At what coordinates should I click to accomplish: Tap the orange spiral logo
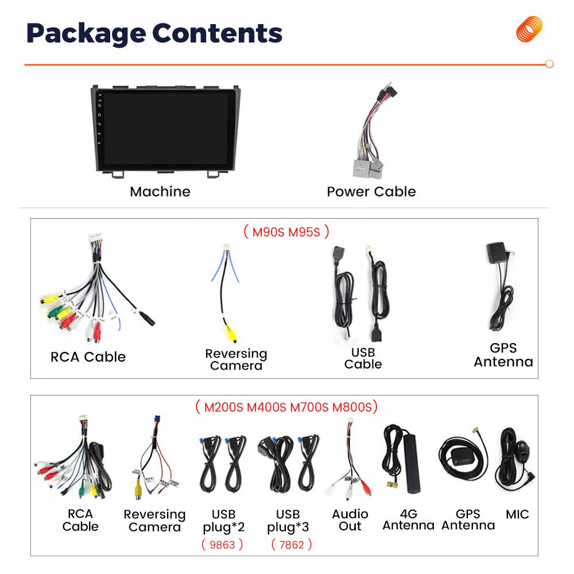coord(529,29)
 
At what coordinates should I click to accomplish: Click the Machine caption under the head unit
coord(160,191)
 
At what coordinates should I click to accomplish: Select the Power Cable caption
coord(371,191)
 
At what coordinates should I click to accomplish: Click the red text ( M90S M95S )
coord(286,232)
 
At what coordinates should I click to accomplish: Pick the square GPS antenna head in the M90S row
coord(497,253)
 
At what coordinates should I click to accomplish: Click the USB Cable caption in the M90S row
coord(363,358)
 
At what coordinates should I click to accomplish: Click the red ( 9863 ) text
coord(222,544)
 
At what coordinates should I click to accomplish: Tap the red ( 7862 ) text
coord(291,544)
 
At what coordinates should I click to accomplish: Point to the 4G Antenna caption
coord(408,519)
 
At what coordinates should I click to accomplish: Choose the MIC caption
coord(517,514)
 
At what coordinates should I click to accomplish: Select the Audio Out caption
coord(350,519)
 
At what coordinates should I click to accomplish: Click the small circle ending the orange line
coord(549,64)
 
